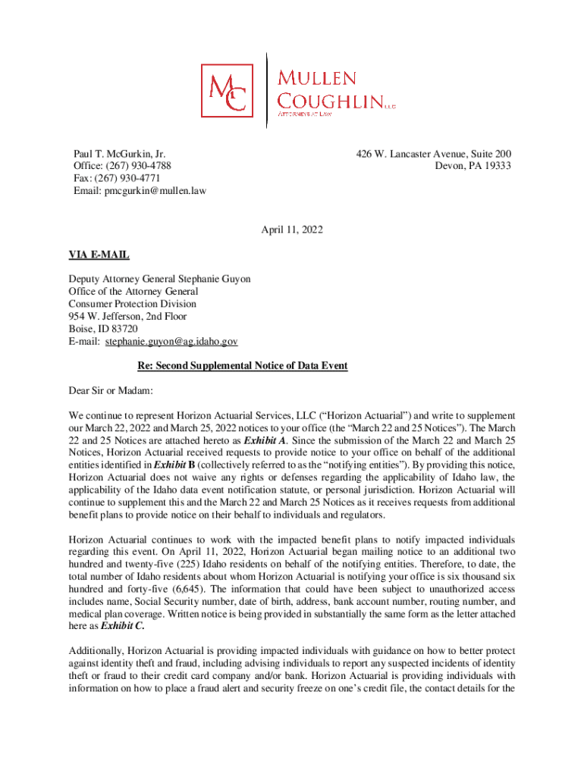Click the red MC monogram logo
(x=228, y=91)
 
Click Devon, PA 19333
(x=473, y=166)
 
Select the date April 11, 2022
(x=292, y=229)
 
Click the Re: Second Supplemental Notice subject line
(x=242, y=366)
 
